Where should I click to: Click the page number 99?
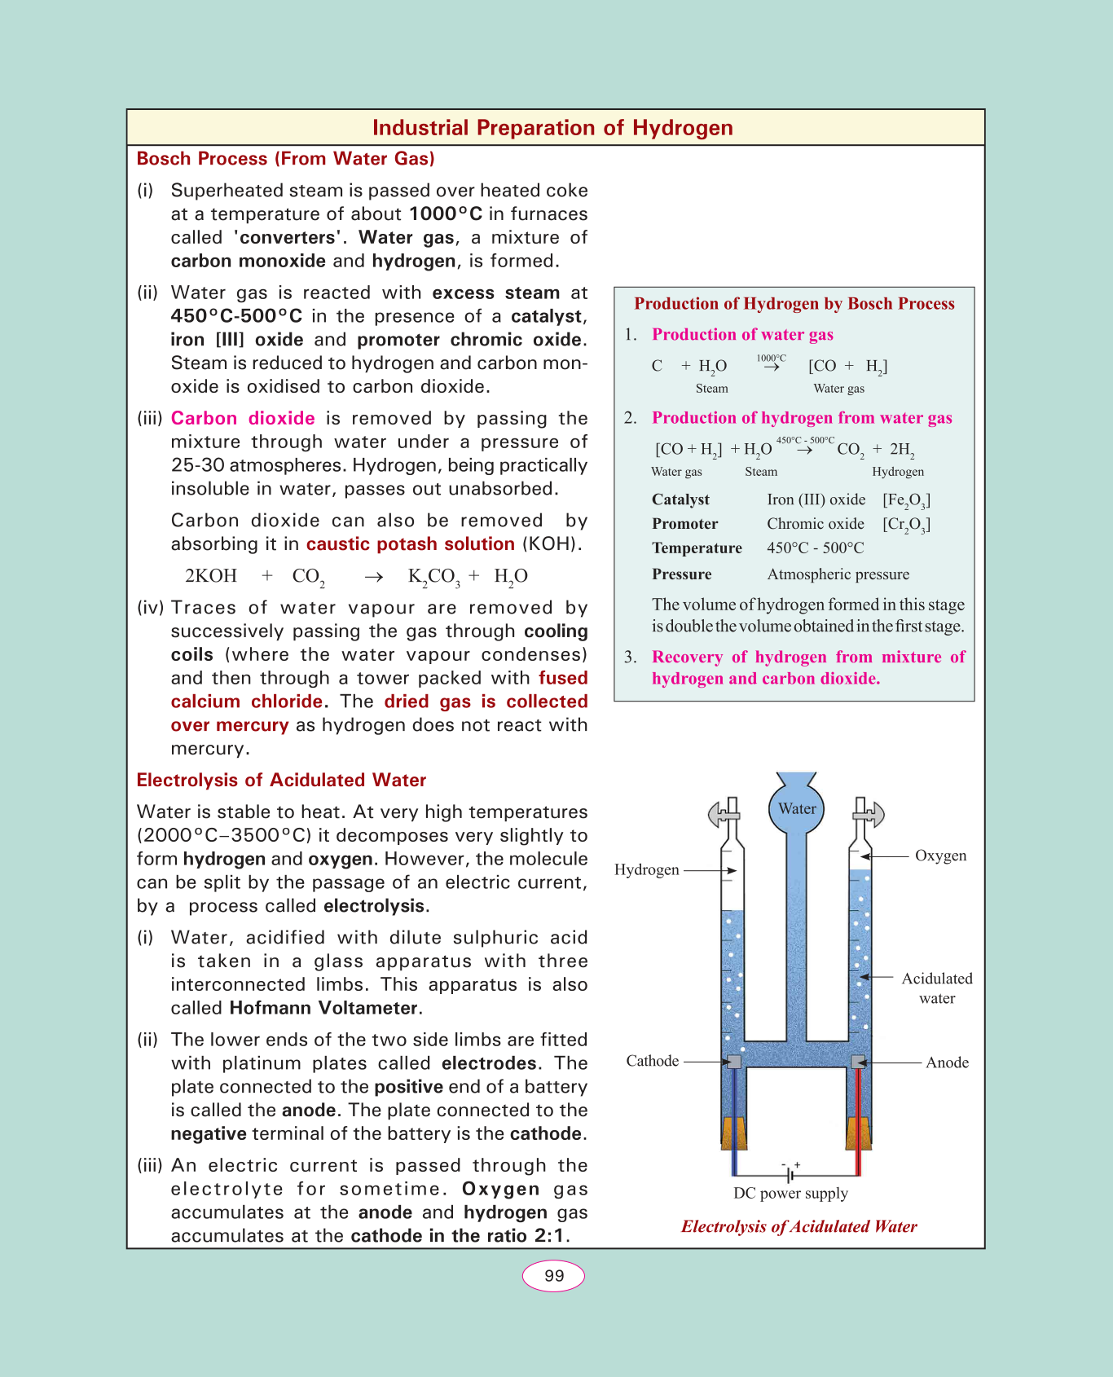tap(553, 1276)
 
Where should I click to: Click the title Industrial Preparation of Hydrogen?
tap(552, 128)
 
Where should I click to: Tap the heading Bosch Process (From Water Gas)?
tap(285, 159)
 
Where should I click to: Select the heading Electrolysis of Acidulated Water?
tap(281, 781)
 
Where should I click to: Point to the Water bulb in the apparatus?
tap(797, 808)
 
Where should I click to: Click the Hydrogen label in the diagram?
tap(647, 870)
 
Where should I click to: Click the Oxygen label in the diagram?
tap(940, 856)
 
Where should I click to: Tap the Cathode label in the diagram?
tap(652, 1061)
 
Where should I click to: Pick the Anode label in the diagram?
tap(947, 1062)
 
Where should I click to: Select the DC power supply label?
tap(790, 1194)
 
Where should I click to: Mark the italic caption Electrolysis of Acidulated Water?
tap(798, 1227)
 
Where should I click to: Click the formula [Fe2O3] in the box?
tap(906, 500)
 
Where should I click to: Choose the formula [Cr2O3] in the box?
tap(906, 525)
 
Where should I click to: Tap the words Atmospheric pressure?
tap(838, 574)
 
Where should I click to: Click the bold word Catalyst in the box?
tap(680, 499)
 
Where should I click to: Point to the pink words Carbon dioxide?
tap(243, 419)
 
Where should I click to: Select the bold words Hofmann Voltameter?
tap(323, 1009)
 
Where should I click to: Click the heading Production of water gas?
tap(742, 335)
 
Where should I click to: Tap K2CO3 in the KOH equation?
tap(433, 577)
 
